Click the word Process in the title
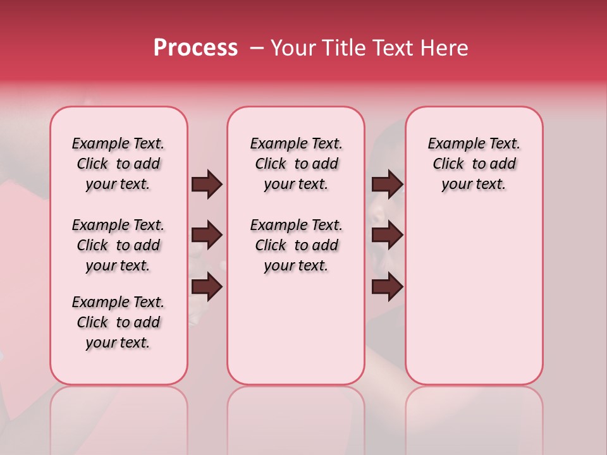[x=195, y=48]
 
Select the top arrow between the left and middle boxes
[x=207, y=185]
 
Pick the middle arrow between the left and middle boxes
[x=207, y=236]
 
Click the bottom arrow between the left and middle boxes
[x=207, y=288]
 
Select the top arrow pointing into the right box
[x=387, y=185]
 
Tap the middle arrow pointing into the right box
[x=387, y=236]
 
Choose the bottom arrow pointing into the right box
[x=387, y=288]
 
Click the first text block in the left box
[x=118, y=164]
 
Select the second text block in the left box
[x=118, y=245]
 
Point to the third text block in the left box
[x=118, y=322]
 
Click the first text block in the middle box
[x=297, y=164]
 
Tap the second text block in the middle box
[x=297, y=245]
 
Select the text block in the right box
[x=474, y=164]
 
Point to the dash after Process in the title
[x=257, y=48]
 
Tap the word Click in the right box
[x=448, y=164]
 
